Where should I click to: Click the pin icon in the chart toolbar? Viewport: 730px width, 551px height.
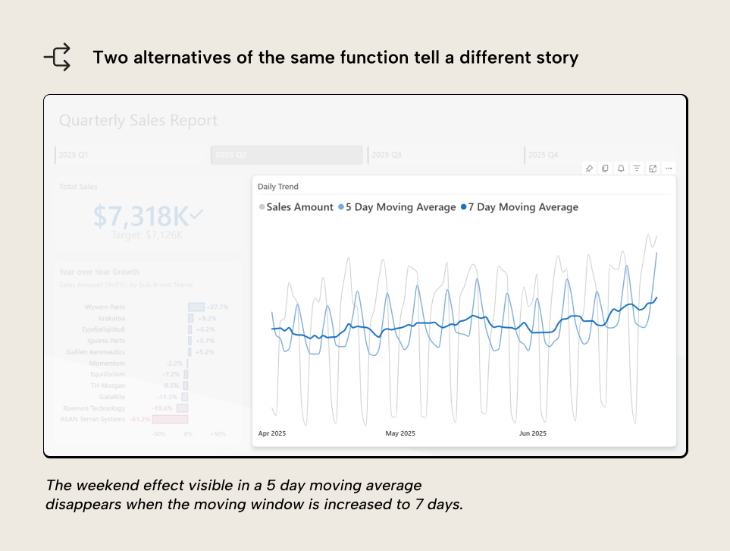pyautogui.click(x=589, y=168)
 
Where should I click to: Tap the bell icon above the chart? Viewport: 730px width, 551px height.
pyautogui.click(x=621, y=168)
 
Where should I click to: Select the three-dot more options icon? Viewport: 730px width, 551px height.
pyautogui.click(x=668, y=168)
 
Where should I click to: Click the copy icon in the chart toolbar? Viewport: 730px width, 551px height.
pyautogui.click(x=605, y=168)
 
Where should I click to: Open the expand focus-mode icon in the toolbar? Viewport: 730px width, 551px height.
pyautogui.click(x=653, y=168)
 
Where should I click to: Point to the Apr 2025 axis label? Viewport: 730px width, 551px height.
pyautogui.click(x=272, y=433)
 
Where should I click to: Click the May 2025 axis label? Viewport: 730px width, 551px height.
pyautogui.click(x=400, y=433)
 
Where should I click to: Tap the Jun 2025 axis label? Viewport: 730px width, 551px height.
pyautogui.click(x=532, y=433)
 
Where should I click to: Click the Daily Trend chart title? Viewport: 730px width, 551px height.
pyautogui.click(x=278, y=187)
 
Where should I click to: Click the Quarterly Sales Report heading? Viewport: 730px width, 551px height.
pyautogui.click(x=138, y=121)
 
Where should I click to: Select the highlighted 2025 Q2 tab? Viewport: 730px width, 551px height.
pyautogui.click(x=287, y=155)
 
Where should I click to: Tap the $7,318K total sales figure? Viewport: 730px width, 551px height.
pyautogui.click(x=141, y=217)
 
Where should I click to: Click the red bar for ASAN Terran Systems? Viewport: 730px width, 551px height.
pyautogui.click(x=169, y=419)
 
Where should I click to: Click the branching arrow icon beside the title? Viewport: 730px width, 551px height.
pyautogui.click(x=58, y=58)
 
